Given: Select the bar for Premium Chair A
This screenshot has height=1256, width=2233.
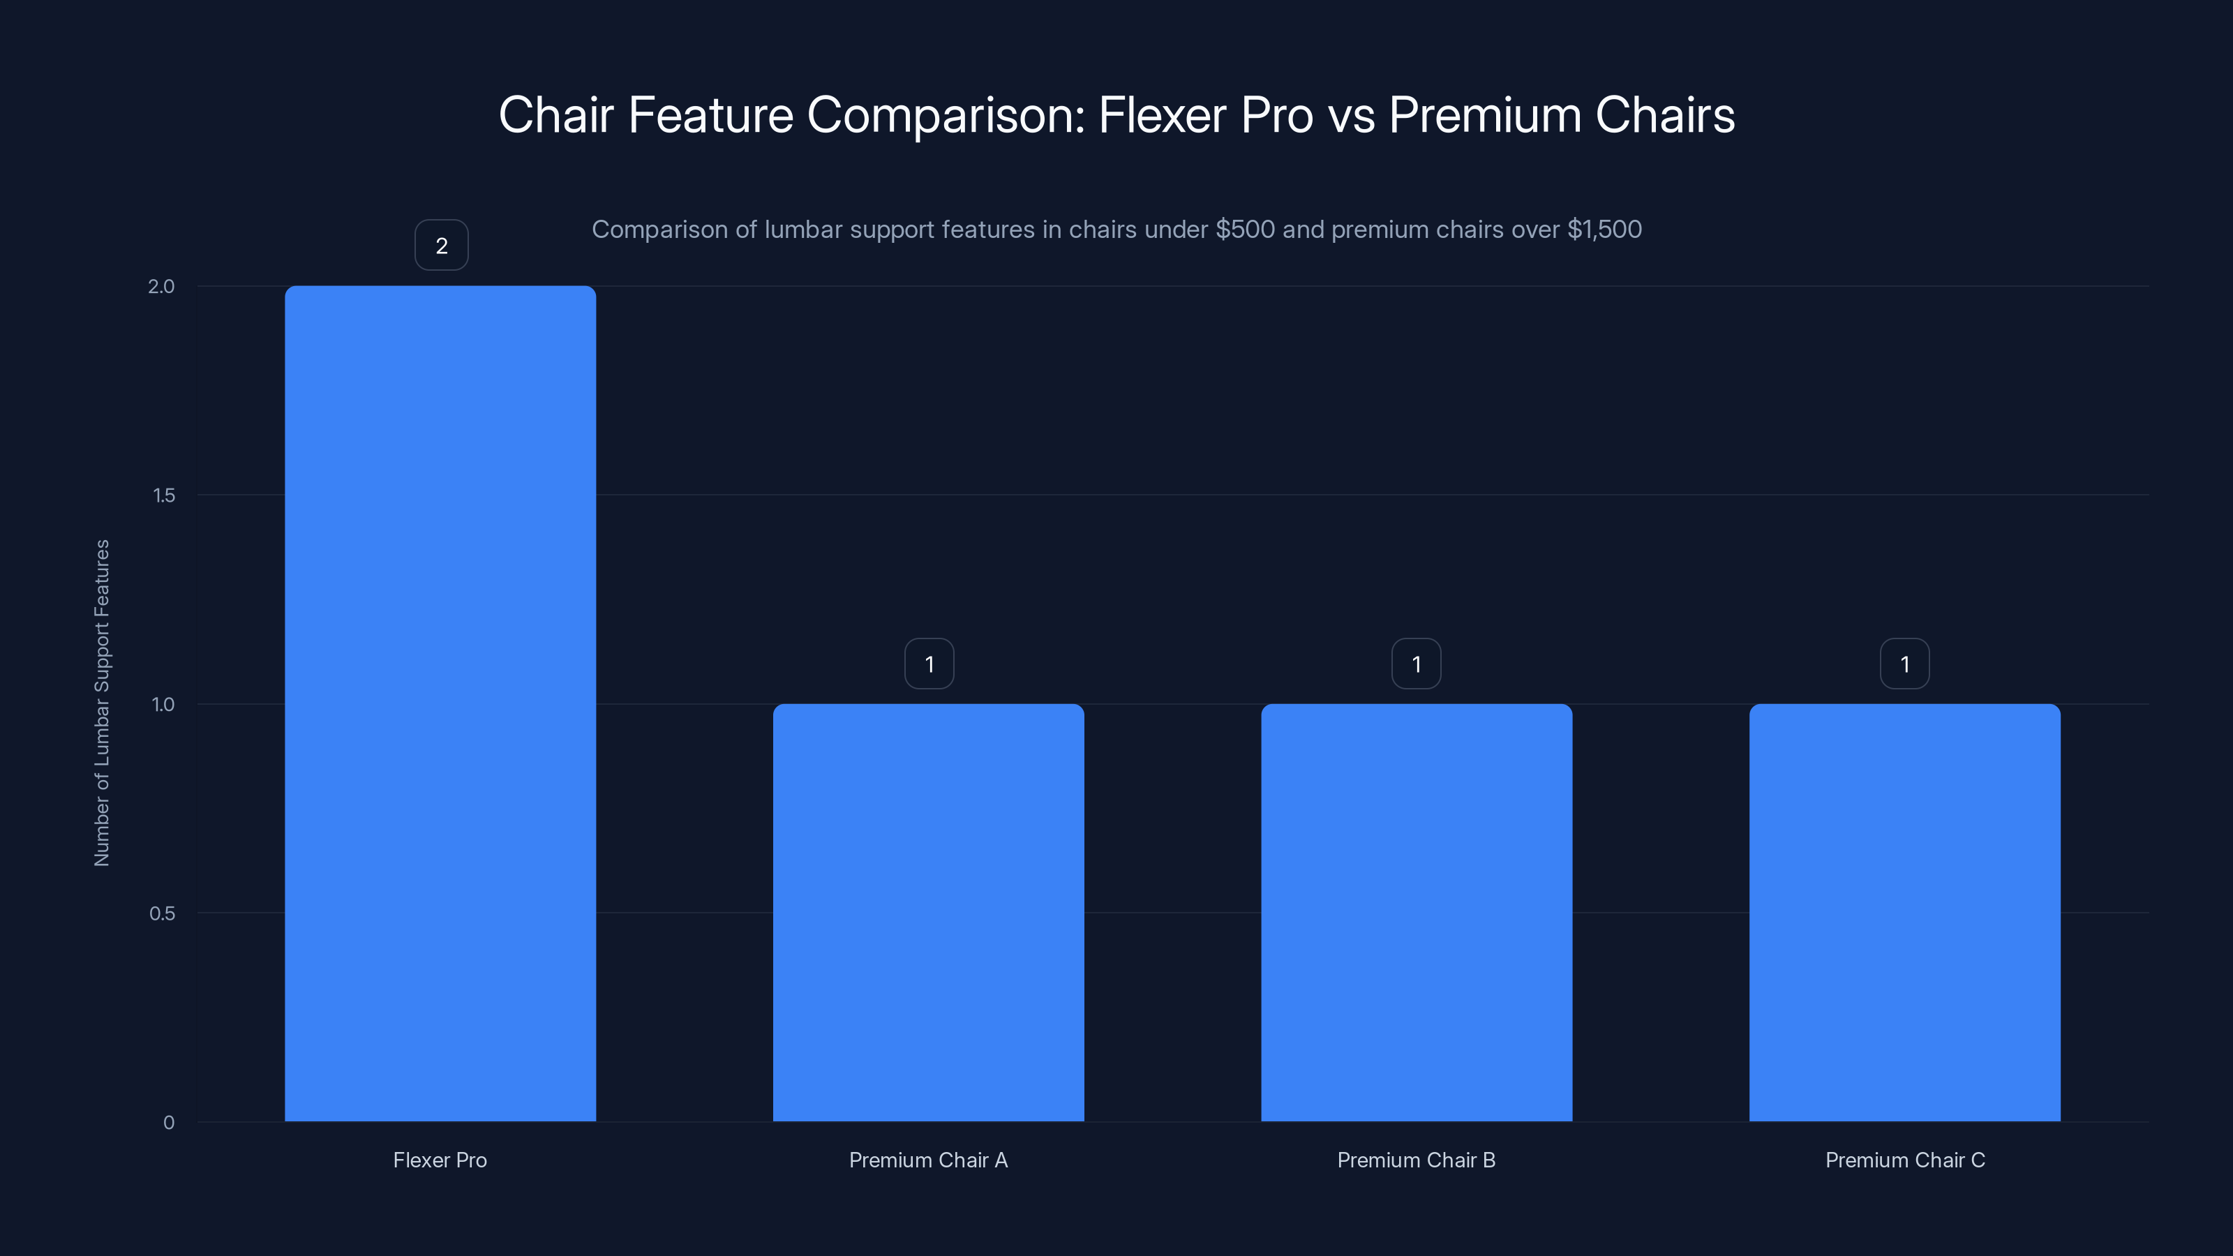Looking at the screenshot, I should point(928,912).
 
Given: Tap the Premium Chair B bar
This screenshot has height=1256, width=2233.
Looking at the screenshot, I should point(1417,912).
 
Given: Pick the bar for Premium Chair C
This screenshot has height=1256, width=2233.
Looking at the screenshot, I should point(1904,912).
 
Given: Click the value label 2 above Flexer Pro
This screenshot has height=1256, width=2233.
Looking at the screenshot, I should point(441,246).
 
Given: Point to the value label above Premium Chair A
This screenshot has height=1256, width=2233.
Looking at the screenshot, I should point(929,664).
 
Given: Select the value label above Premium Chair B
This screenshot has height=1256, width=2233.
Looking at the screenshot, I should point(1417,664).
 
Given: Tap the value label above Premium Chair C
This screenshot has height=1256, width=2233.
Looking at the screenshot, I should point(1904,664).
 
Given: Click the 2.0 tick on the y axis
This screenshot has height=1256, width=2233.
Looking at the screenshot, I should point(161,286).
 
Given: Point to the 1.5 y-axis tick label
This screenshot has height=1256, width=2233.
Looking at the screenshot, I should point(164,495).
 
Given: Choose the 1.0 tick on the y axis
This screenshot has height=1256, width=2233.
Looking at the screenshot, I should point(163,704).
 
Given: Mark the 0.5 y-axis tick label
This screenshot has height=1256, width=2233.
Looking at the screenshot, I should point(162,913).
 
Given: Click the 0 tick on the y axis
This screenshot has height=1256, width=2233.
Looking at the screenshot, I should point(169,1123).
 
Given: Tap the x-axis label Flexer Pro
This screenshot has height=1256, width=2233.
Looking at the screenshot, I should point(440,1160).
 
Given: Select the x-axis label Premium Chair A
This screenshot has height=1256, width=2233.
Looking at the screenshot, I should point(928,1160).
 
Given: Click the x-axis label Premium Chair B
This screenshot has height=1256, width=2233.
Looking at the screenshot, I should point(1417,1160).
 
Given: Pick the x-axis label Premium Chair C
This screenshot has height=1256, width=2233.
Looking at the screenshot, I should point(1904,1160).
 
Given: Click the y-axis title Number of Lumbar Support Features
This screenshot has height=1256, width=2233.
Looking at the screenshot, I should point(103,703).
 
